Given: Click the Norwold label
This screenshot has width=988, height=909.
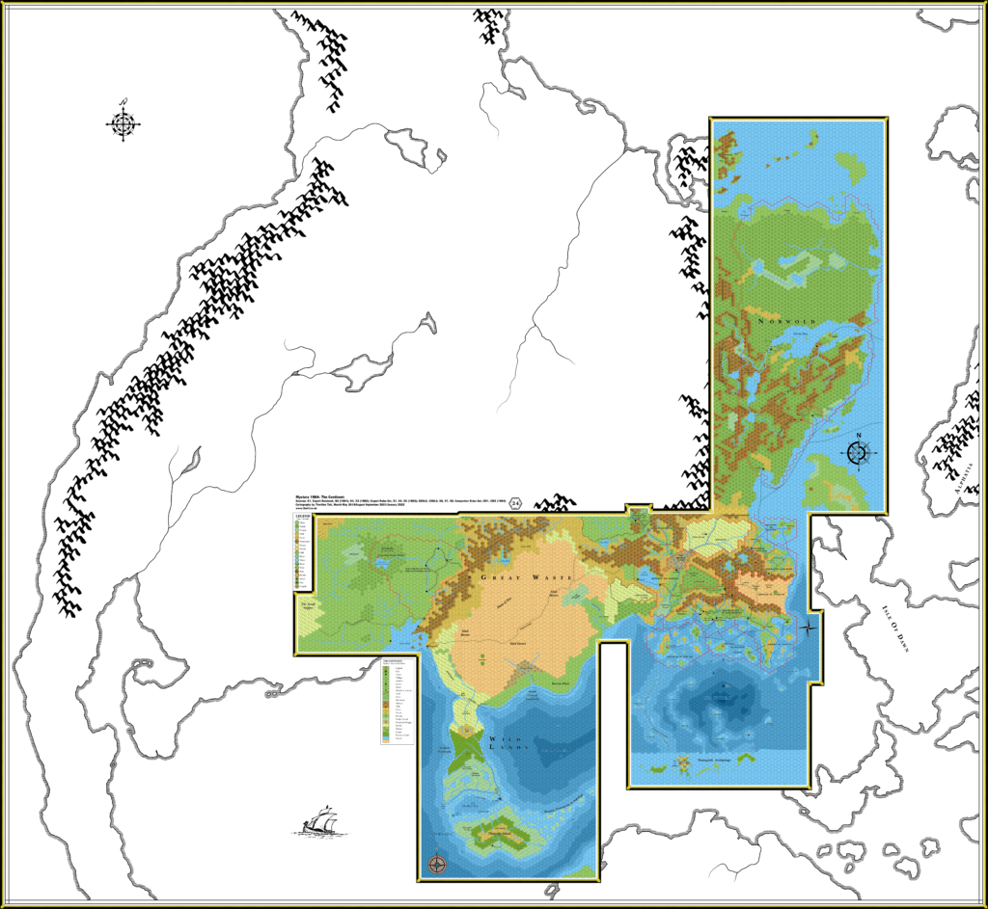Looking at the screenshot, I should (x=786, y=320).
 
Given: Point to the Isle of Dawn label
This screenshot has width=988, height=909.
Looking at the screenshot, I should (x=896, y=628).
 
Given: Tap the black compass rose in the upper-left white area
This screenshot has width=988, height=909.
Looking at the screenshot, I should (x=123, y=122).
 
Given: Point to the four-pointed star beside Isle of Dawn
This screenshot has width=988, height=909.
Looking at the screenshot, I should (x=809, y=627).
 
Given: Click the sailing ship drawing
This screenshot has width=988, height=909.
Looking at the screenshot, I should (x=320, y=821).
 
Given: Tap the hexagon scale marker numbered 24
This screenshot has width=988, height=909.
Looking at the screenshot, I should (x=516, y=502).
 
